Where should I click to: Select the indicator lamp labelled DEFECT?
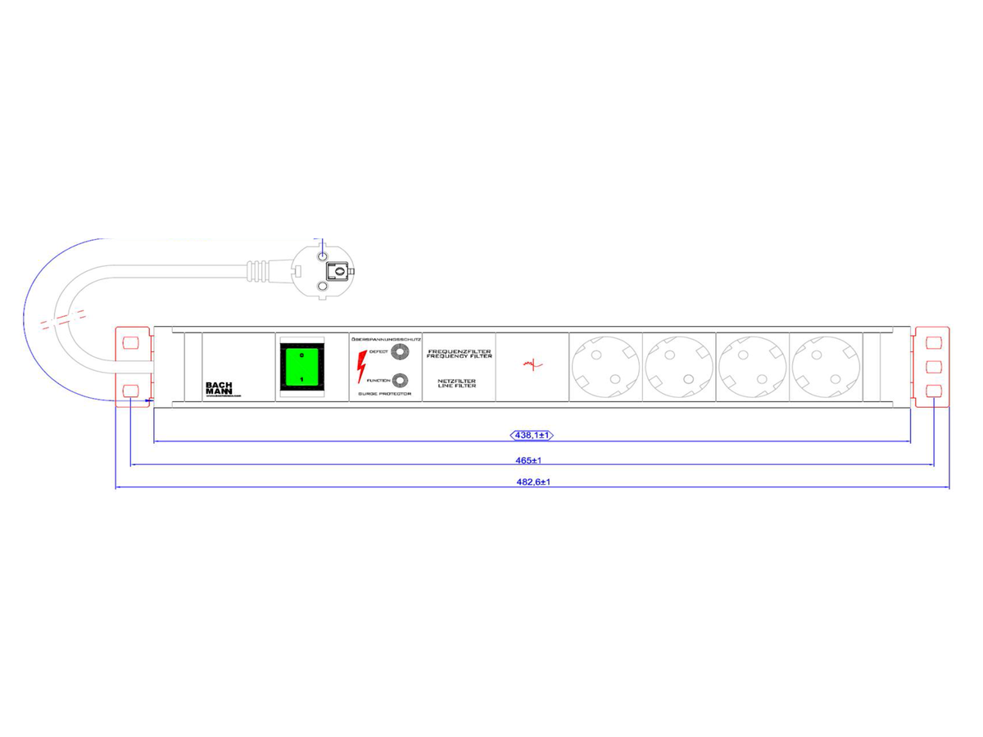point(399,352)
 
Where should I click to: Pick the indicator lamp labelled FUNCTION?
point(399,380)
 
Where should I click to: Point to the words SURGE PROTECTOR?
point(385,394)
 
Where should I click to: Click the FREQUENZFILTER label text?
point(460,351)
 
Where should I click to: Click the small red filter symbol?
point(532,365)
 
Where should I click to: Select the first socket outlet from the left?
point(605,366)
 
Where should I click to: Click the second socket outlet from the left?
point(678,366)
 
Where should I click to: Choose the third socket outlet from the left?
point(752,366)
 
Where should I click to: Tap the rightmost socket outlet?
point(825,366)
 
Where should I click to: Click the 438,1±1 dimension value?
point(533,435)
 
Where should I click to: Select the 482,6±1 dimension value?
point(533,482)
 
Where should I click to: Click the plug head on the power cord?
point(323,270)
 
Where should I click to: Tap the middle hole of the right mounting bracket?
point(933,366)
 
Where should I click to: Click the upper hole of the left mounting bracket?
point(130,341)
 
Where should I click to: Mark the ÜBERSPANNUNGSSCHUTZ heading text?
point(385,338)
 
